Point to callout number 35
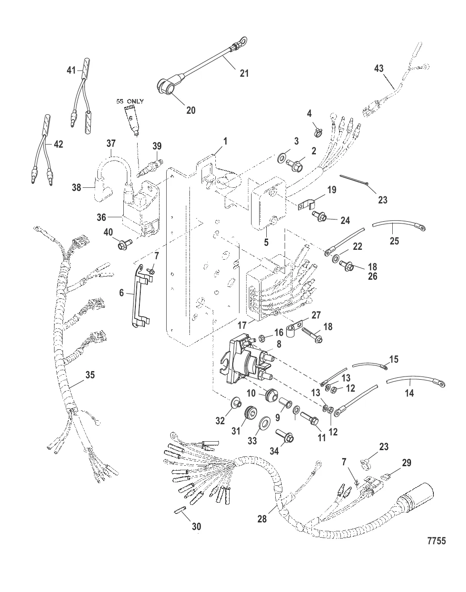tap(90, 375)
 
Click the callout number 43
tap(378, 68)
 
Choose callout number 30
tap(197, 527)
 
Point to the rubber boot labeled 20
tap(168, 87)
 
